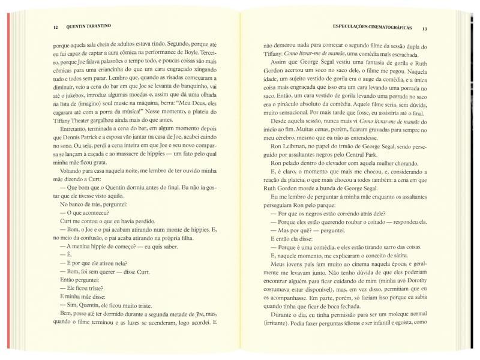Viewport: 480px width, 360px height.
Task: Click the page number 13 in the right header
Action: click(x=424, y=28)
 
